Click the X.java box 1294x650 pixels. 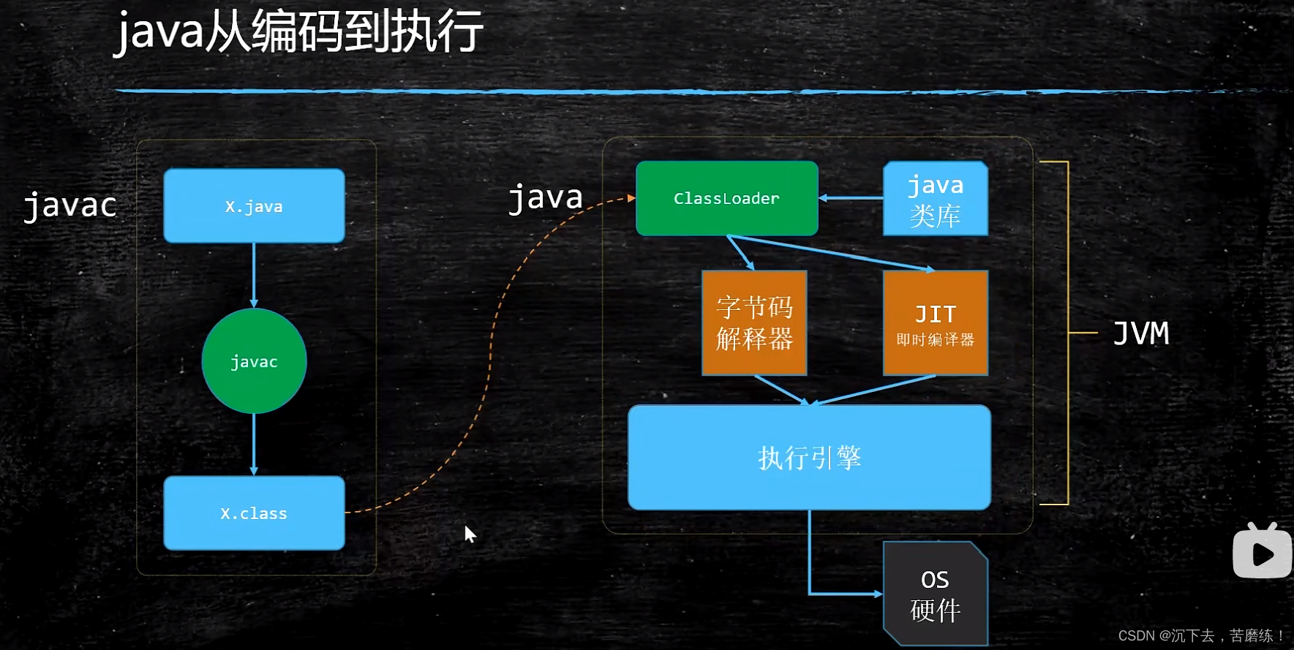click(254, 206)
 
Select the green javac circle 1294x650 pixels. click(254, 361)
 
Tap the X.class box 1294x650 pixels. click(254, 513)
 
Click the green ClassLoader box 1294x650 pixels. click(726, 198)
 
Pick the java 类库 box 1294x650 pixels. click(935, 199)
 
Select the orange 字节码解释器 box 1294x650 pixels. click(754, 322)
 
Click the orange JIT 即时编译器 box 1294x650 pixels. click(935, 322)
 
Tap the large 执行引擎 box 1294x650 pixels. click(809, 458)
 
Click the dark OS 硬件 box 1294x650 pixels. click(935, 594)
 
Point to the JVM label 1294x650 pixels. click(1140, 333)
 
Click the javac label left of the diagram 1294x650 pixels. click(70, 205)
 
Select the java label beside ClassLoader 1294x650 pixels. click(546, 197)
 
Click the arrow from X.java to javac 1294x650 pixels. click(254, 275)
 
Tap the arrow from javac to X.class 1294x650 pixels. click(254, 445)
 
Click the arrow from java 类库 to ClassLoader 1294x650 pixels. click(851, 198)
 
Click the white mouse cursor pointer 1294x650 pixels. click(469, 534)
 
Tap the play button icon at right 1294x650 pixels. click(1262, 553)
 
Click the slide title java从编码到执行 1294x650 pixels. click(298, 32)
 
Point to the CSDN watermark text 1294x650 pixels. click(1200, 635)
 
